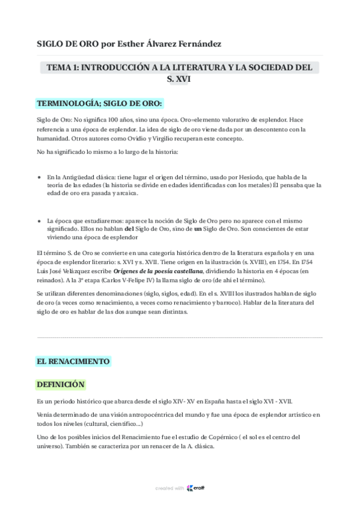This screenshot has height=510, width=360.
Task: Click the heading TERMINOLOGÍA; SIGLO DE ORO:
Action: coord(99,103)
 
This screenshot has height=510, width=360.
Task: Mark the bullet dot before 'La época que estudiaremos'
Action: coord(40,221)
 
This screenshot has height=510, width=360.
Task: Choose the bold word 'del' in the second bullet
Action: coord(129,230)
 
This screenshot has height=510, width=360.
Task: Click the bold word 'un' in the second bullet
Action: coord(198,230)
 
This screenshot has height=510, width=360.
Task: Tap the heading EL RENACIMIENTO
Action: coord(73,361)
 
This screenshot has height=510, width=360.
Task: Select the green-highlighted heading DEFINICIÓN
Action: coord(61,384)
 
